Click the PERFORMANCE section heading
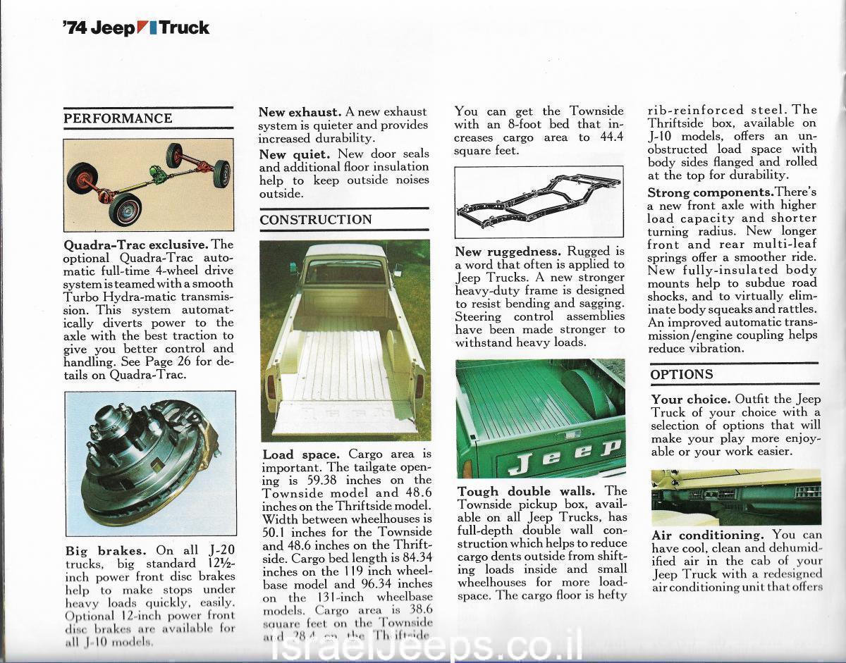[118, 118]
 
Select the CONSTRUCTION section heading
[316, 220]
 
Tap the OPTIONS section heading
[682, 374]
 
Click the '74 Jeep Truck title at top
[136, 28]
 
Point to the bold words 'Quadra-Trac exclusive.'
[137, 245]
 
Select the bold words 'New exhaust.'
[300, 112]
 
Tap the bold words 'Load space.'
[301, 455]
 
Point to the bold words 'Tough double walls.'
[526, 491]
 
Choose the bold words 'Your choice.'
[690, 399]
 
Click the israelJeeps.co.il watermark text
[427, 646]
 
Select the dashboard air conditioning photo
[735, 496]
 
